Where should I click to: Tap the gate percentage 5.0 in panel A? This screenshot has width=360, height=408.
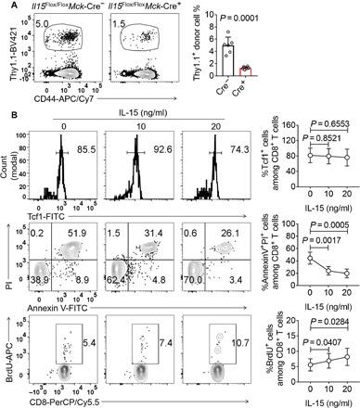(38, 38)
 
